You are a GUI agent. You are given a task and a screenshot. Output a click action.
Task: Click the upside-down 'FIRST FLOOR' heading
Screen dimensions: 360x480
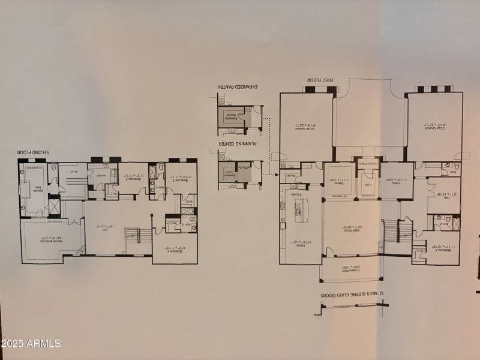point(317,79)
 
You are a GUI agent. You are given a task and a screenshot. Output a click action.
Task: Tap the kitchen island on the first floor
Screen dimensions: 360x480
point(298,210)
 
